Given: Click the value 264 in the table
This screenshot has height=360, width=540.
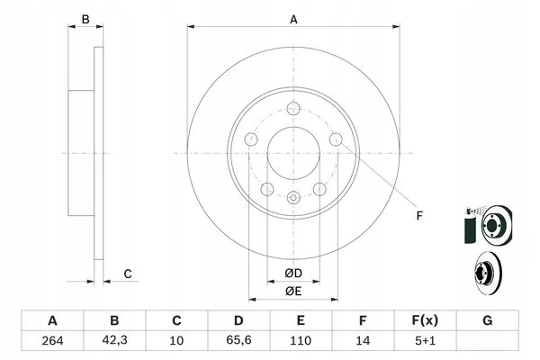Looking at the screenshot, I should [x=52, y=341].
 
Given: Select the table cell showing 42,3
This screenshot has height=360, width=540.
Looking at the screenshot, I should [x=114, y=341].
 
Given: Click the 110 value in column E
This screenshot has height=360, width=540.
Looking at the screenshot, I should [x=301, y=341].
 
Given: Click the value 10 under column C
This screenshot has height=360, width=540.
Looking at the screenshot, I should [x=177, y=341].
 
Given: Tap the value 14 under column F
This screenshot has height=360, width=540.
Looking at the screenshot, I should [x=364, y=341].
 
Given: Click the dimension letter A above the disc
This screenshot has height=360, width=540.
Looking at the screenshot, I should [x=293, y=19].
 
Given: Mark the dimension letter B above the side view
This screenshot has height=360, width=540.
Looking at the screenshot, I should [x=86, y=19].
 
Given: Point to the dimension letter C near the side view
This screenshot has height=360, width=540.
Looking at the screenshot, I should [x=129, y=274].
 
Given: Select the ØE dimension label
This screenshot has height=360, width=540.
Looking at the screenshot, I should [x=293, y=291].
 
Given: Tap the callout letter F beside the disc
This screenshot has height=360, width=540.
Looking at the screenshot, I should [x=418, y=214].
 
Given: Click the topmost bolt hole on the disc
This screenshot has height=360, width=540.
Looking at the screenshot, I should [x=293, y=109].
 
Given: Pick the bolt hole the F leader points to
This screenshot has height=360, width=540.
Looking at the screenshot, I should [x=336, y=139].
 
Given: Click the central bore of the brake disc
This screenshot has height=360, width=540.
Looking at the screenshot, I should [x=293, y=152].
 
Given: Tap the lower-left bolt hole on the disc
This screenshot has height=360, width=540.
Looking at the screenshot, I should [x=267, y=189].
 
